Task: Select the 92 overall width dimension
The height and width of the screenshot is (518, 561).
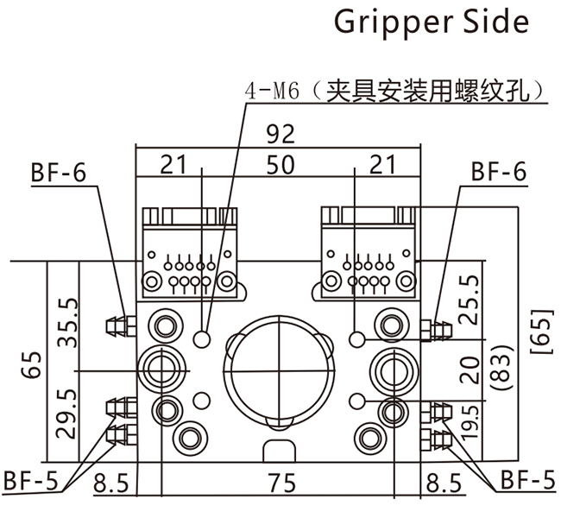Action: [x=280, y=134]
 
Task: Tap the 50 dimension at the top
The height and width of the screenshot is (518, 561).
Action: [x=280, y=165]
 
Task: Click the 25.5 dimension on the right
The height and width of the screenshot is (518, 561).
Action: [x=468, y=300]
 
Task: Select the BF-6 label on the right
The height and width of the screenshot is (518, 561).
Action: [x=498, y=172]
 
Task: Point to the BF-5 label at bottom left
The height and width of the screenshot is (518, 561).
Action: [x=33, y=479]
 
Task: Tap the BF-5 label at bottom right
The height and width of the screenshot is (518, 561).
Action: [x=527, y=479]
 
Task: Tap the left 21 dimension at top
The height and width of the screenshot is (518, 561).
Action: [x=174, y=165]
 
